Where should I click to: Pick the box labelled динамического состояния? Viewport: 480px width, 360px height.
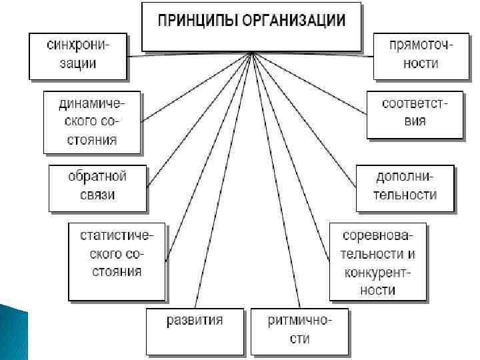(x=92, y=122)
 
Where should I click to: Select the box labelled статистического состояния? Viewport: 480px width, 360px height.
(x=117, y=260)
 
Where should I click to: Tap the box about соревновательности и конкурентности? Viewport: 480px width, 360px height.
(x=377, y=262)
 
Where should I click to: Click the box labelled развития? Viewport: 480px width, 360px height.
(x=194, y=329)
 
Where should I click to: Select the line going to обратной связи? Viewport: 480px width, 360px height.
(x=200, y=117)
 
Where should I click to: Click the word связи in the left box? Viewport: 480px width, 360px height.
(x=97, y=195)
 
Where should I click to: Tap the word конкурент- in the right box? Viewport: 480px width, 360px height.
(x=377, y=272)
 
